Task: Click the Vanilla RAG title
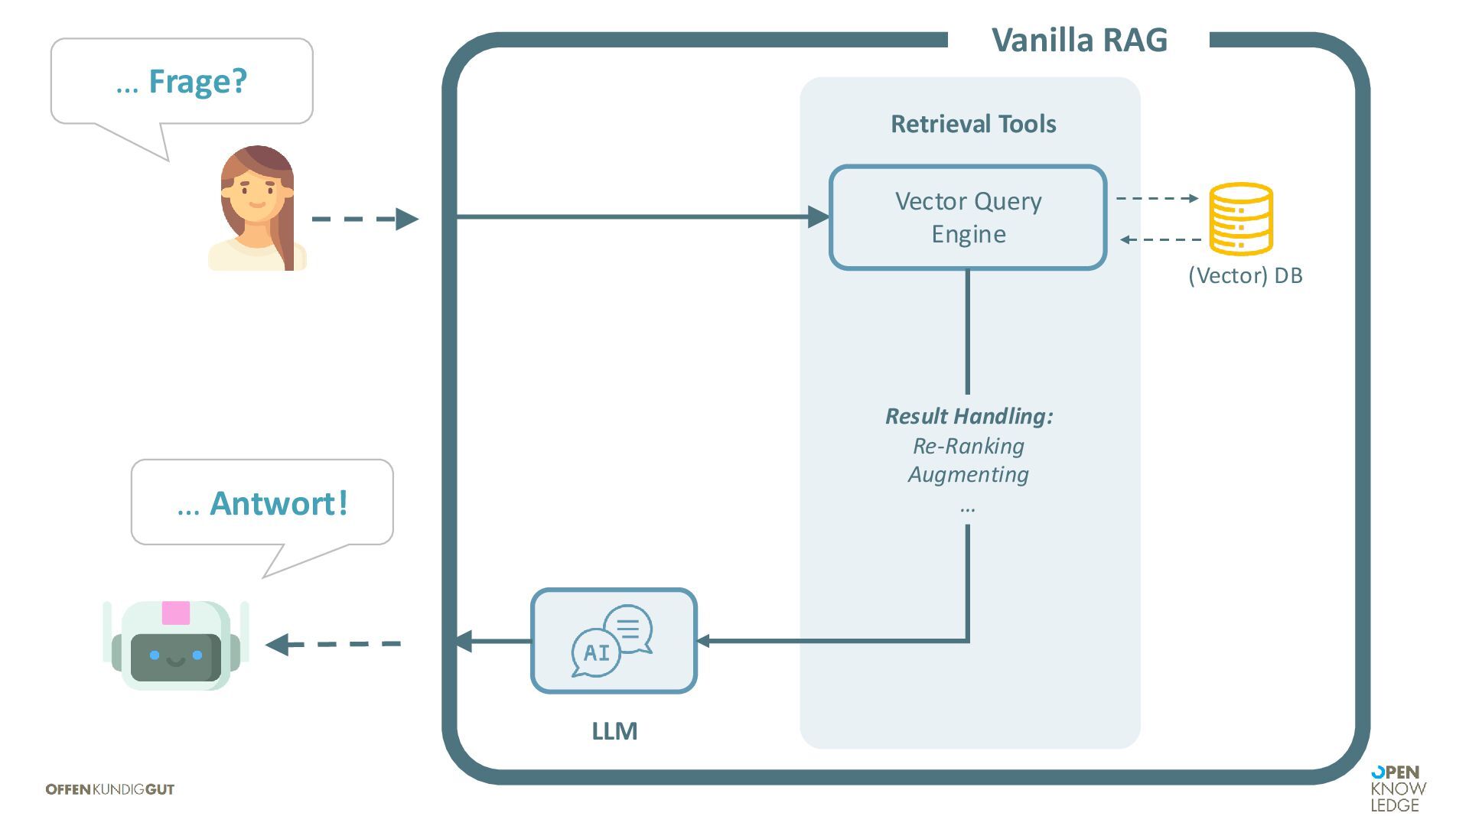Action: pyautogui.click(x=1079, y=40)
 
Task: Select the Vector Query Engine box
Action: pyautogui.click(x=968, y=218)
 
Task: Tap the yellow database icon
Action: pyautogui.click(x=1240, y=219)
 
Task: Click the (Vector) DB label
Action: pyautogui.click(x=1245, y=275)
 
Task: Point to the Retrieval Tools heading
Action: pyautogui.click(x=973, y=124)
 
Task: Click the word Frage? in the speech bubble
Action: pyautogui.click(x=197, y=81)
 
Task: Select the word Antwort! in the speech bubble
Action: pyautogui.click(x=278, y=503)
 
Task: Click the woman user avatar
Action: pyautogui.click(x=257, y=208)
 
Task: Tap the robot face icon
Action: pyautogui.click(x=176, y=646)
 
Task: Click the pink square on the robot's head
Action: pyautogui.click(x=176, y=613)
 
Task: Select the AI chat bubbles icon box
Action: pyautogui.click(x=614, y=641)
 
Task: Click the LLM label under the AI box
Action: pyautogui.click(x=614, y=731)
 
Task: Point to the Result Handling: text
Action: pyautogui.click(x=969, y=416)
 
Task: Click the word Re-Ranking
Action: pyautogui.click(x=968, y=446)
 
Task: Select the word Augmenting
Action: pyautogui.click(x=968, y=474)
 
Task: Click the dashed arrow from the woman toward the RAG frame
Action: pyautogui.click(x=364, y=220)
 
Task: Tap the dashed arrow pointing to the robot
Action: pyautogui.click(x=334, y=644)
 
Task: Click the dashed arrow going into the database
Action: pyautogui.click(x=1157, y=198)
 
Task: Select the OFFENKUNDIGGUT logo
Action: pyautogui.click(x=110, y=789)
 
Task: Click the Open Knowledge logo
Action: pyautogui.click(x=1398, y=789)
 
